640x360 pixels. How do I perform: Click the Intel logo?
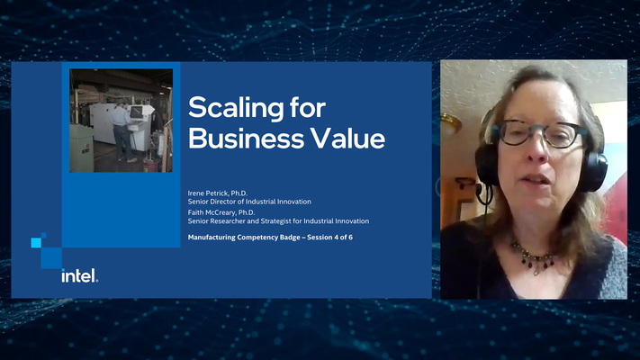[x=79, y=275]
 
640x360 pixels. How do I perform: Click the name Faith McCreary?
[x=217, y=212]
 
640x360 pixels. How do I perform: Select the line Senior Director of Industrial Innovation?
[x=255, y=202]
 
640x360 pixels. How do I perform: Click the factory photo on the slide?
[x=122, y=121]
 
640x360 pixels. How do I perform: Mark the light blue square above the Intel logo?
[x=37, y=242]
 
